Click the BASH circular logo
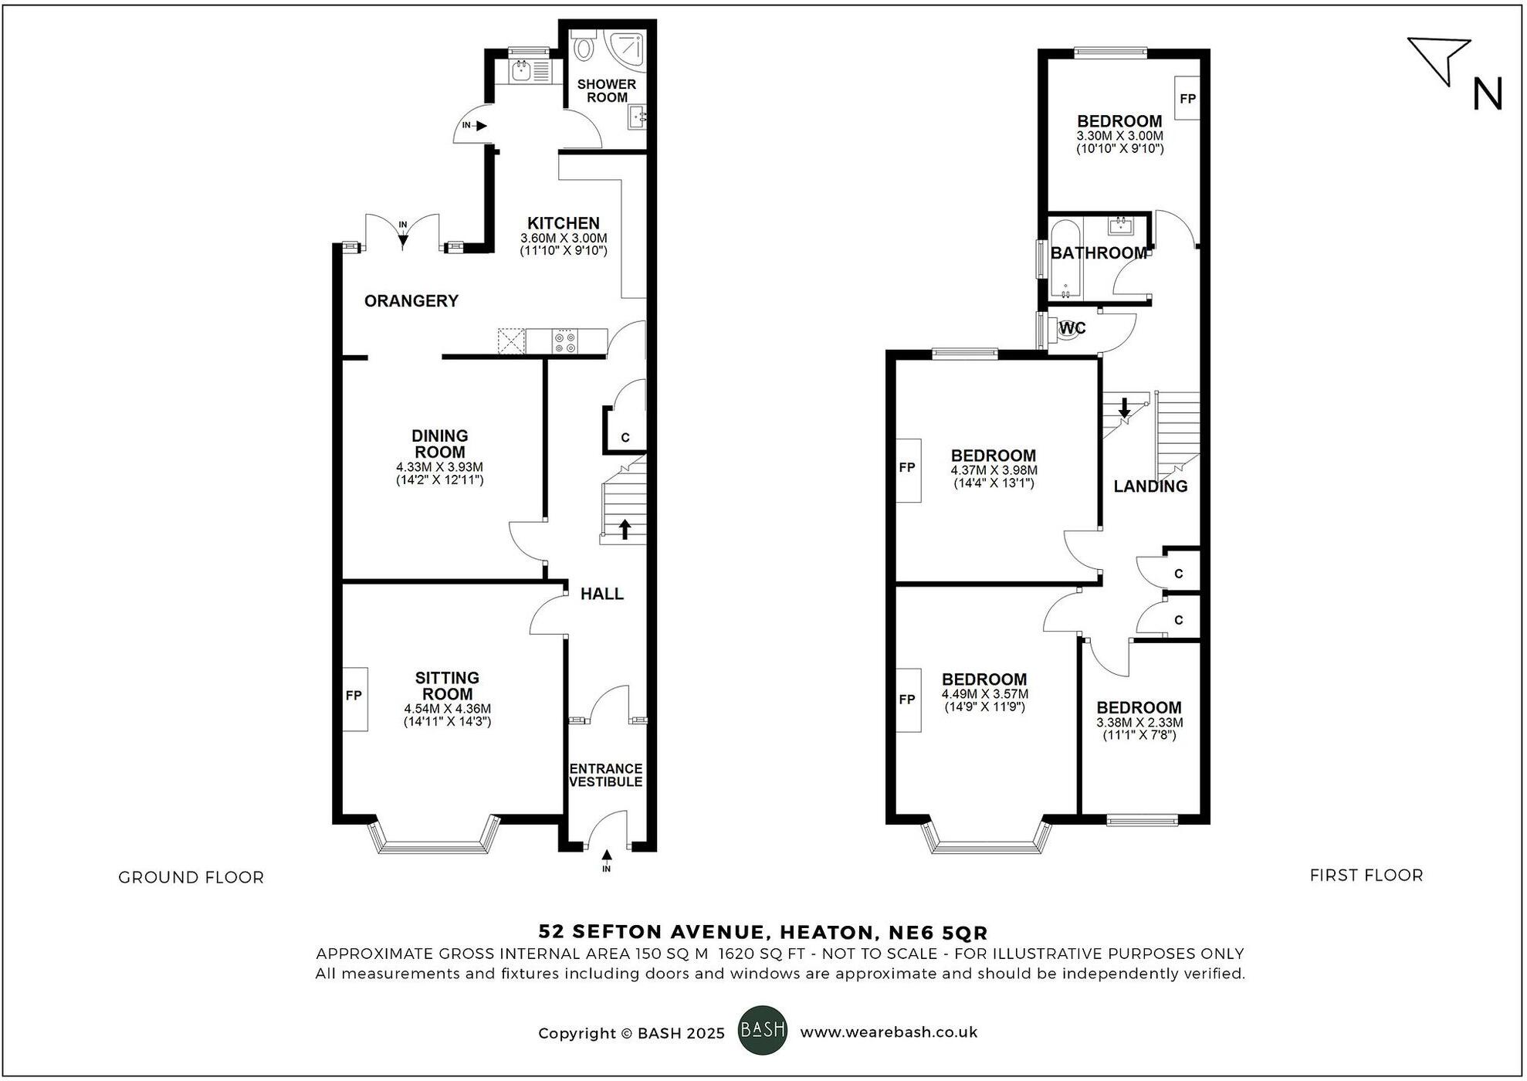point(763,1030)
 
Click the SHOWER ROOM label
point(607,91)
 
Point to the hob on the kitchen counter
point(565,341)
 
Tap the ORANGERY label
point(411,301)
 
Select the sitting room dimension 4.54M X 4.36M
point(447,709)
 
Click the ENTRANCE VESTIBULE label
point(606,775)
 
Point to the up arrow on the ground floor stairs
point(625,529)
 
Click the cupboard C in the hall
point(625,438)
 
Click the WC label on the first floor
point(1072,328)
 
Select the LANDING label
point(1150,486)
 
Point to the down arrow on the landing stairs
point(1124,408)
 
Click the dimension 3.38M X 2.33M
point(1139,723)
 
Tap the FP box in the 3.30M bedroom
point(1187,98)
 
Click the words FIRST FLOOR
point(1366,875)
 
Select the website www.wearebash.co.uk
point(889,1032)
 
